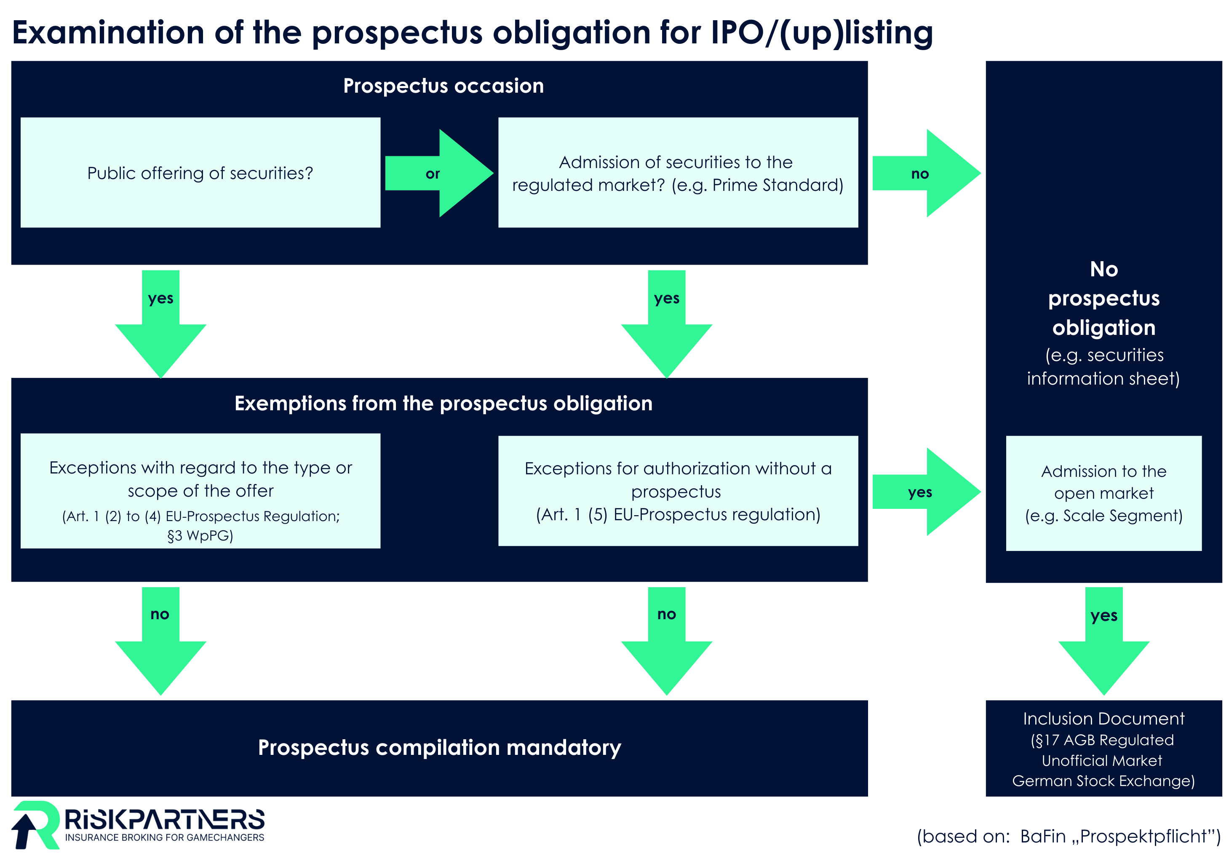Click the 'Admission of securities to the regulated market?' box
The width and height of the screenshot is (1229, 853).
pos(678,173)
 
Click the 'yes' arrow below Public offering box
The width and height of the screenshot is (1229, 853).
pos(160,321)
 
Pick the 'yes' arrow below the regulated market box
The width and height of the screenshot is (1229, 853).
pos(666,321)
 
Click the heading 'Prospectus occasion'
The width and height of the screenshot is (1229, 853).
pos(443,86)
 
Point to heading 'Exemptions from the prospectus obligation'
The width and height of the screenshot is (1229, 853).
pos(443,403)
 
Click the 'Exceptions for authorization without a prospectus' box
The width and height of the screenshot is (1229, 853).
pos(678,491)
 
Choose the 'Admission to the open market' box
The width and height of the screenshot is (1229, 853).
pos(1103,493)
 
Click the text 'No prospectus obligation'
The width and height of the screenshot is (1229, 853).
pos(1103,298)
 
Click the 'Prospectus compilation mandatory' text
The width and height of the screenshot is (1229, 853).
pos(439,747)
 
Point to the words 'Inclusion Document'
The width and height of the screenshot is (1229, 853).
pos(1103,718)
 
